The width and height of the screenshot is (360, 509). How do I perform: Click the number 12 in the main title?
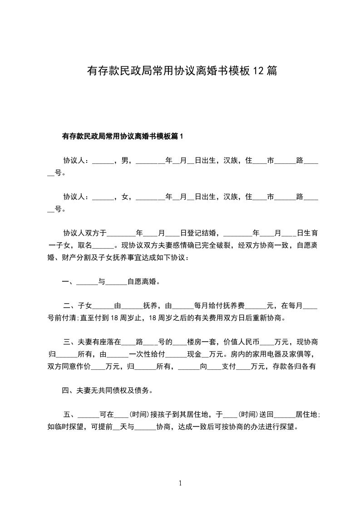point(257,71)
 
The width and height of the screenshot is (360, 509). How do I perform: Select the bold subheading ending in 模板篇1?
point(122,136)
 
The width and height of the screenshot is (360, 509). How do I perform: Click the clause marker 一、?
point(69,282)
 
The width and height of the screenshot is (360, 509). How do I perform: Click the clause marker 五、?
point(70,415)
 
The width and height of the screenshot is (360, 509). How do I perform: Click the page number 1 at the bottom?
point(180,483)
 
